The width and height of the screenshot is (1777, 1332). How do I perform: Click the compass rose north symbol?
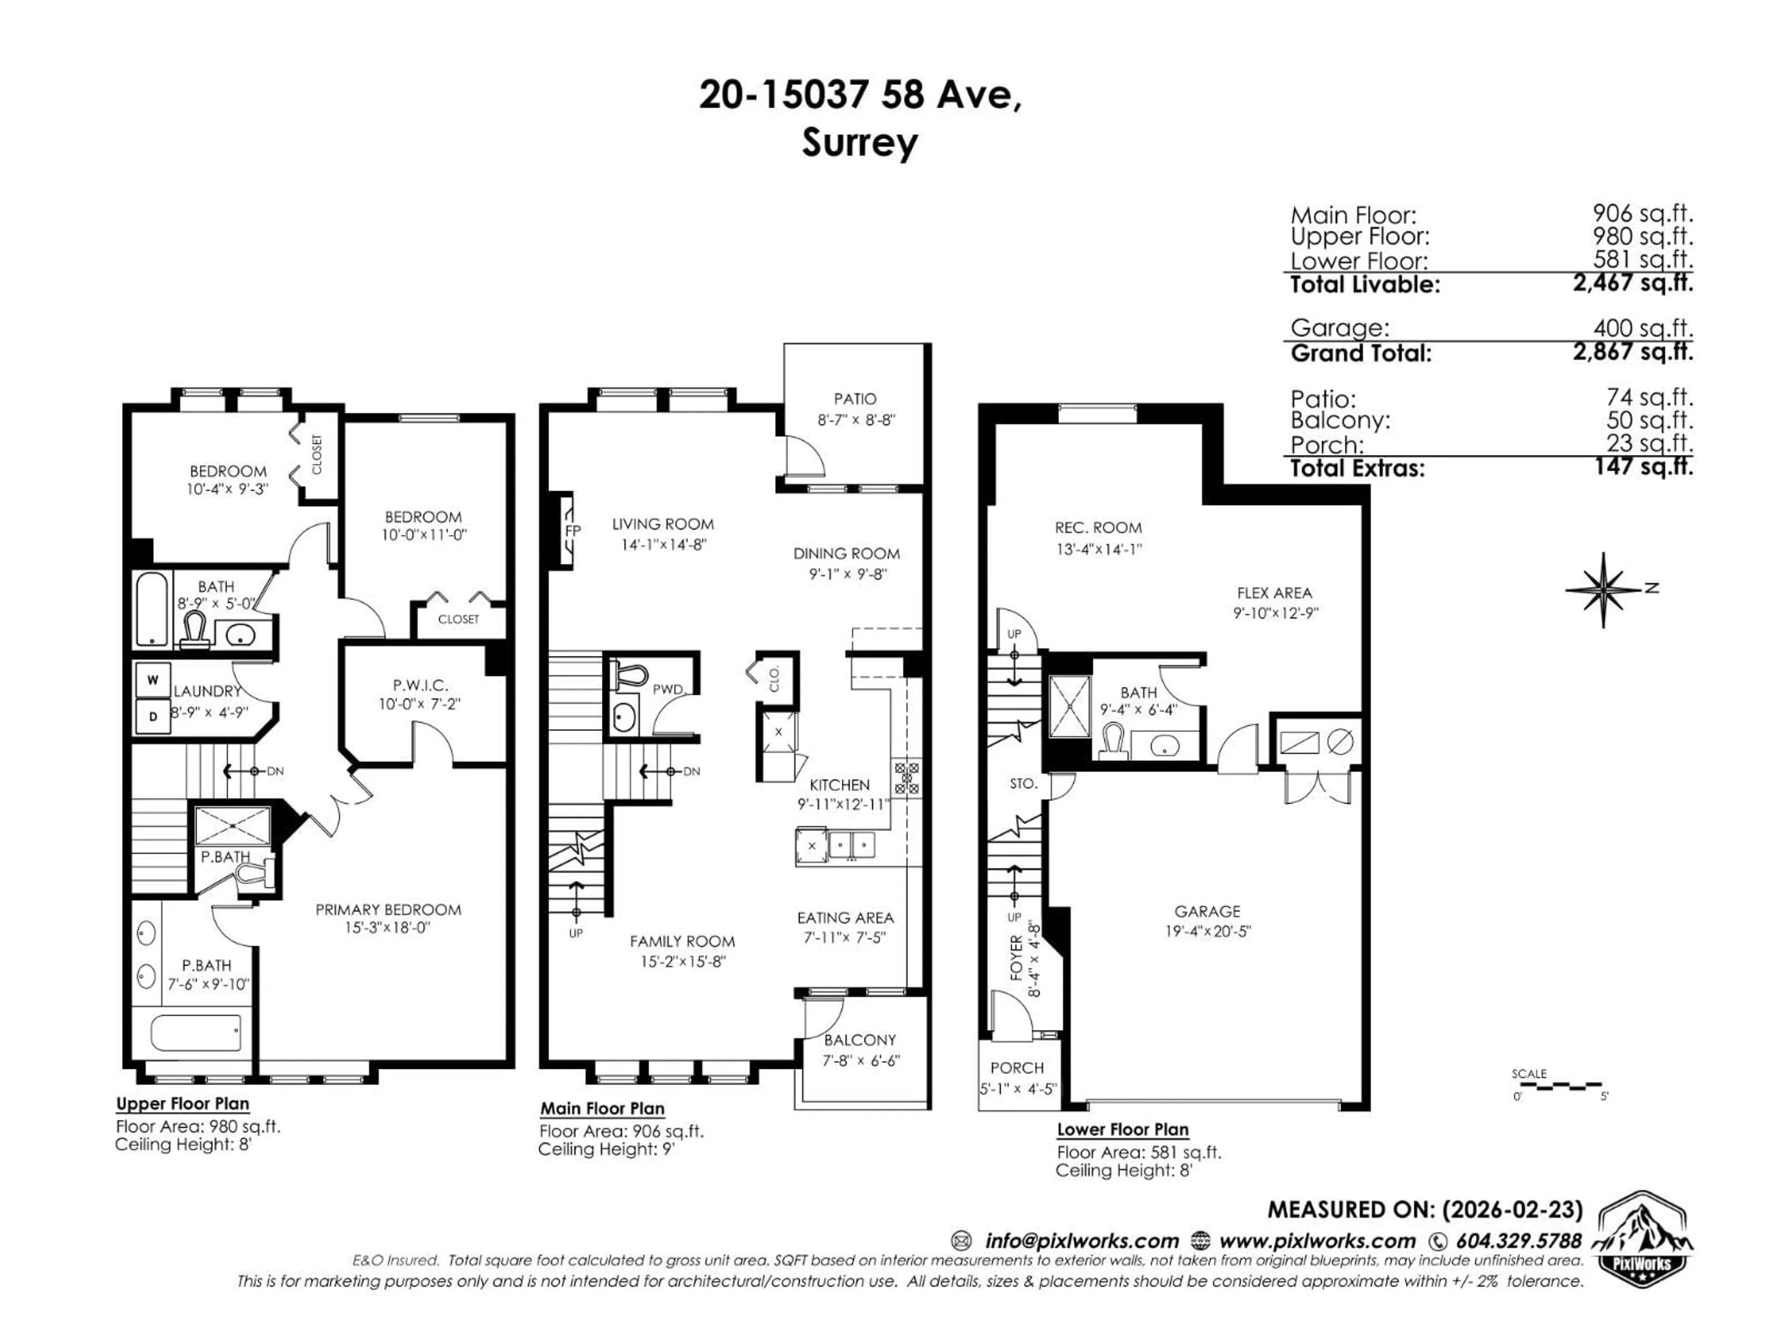click(x=1603, y=590)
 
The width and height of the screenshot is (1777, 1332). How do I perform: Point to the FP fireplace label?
click(x=572, y=530)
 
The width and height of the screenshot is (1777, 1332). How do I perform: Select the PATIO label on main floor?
click(x=855, y=399)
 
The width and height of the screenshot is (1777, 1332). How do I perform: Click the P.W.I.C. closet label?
click(x=420, y=685)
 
